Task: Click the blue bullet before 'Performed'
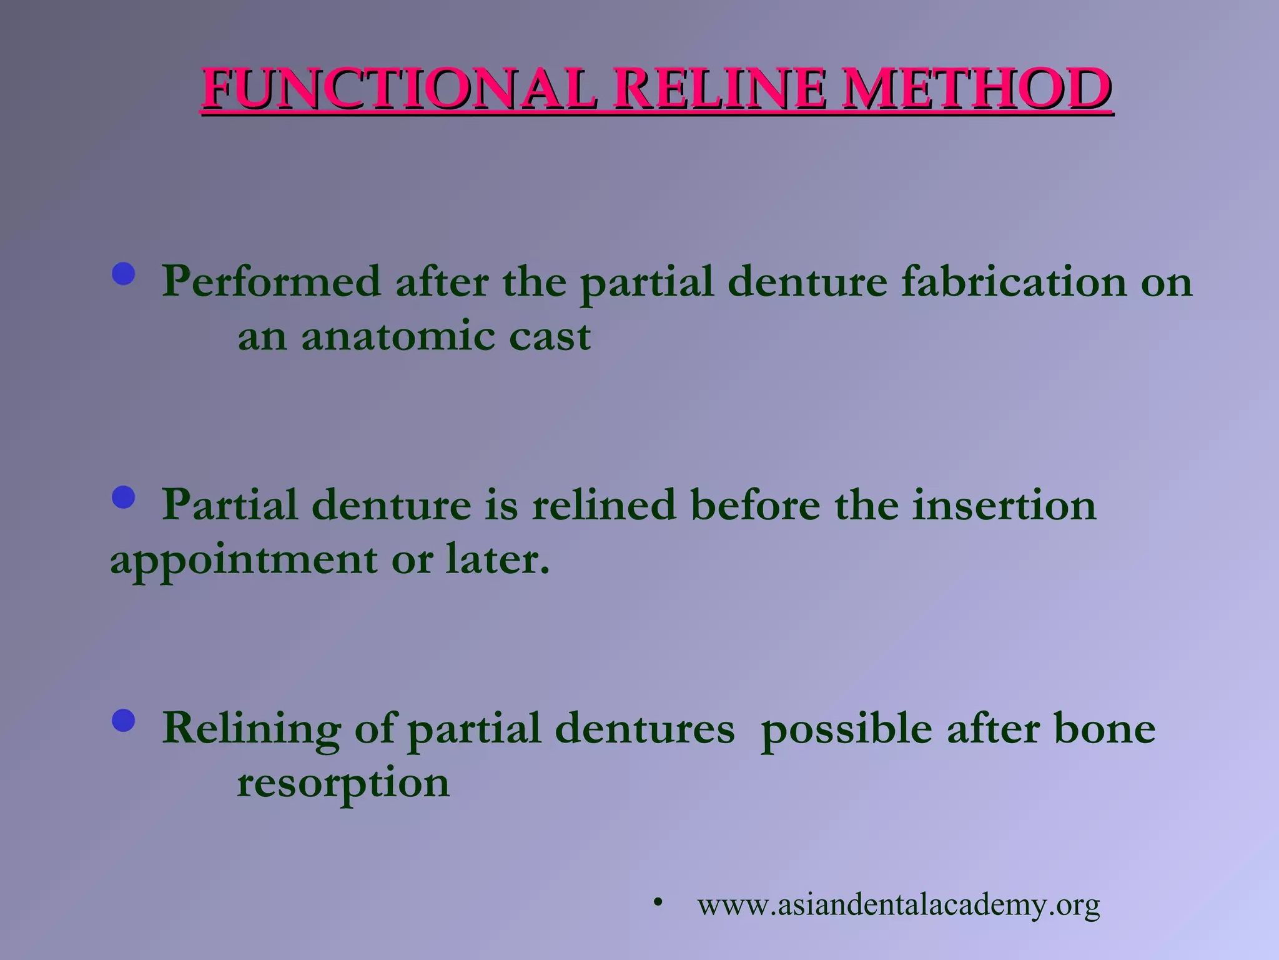124,274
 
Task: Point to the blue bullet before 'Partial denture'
124,497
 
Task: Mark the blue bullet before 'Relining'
124,721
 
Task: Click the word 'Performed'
271,282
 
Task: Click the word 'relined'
604,505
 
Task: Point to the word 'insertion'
1004,505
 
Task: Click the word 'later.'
498,559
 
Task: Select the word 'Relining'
251,729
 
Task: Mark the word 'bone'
1104,728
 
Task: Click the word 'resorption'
343,784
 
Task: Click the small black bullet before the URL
657,902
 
